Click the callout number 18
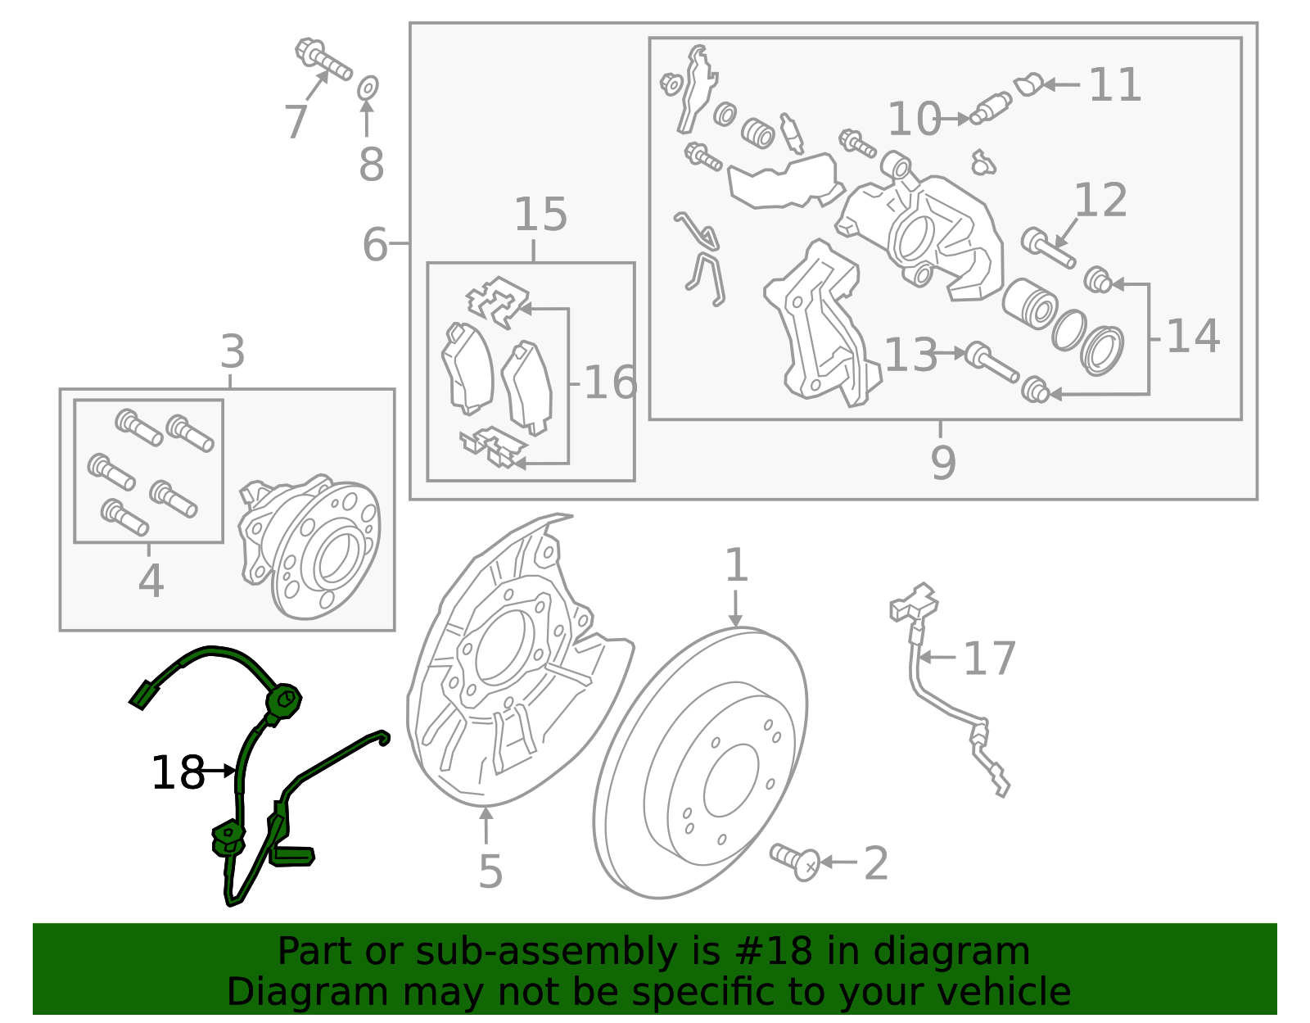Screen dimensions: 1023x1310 [178, 772]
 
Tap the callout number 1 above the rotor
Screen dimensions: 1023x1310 [737, 565]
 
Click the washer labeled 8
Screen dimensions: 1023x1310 [368, 86]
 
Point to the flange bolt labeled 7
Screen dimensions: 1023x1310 [323, 59]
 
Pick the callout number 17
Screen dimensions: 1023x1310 [989, 659]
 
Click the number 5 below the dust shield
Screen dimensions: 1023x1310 [490, 871]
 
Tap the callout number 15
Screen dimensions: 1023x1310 [540, 215]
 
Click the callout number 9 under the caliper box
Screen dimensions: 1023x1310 [943, 463]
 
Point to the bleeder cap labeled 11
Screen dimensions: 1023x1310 [1029, 84]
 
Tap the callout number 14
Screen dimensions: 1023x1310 [1192, 337]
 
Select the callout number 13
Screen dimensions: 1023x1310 [910, 355]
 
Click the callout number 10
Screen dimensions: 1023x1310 [914, 120]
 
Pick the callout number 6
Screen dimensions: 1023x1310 [375, 244]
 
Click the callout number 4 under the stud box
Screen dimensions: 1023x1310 [151, 581]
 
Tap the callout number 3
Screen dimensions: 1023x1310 [233, 352]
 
